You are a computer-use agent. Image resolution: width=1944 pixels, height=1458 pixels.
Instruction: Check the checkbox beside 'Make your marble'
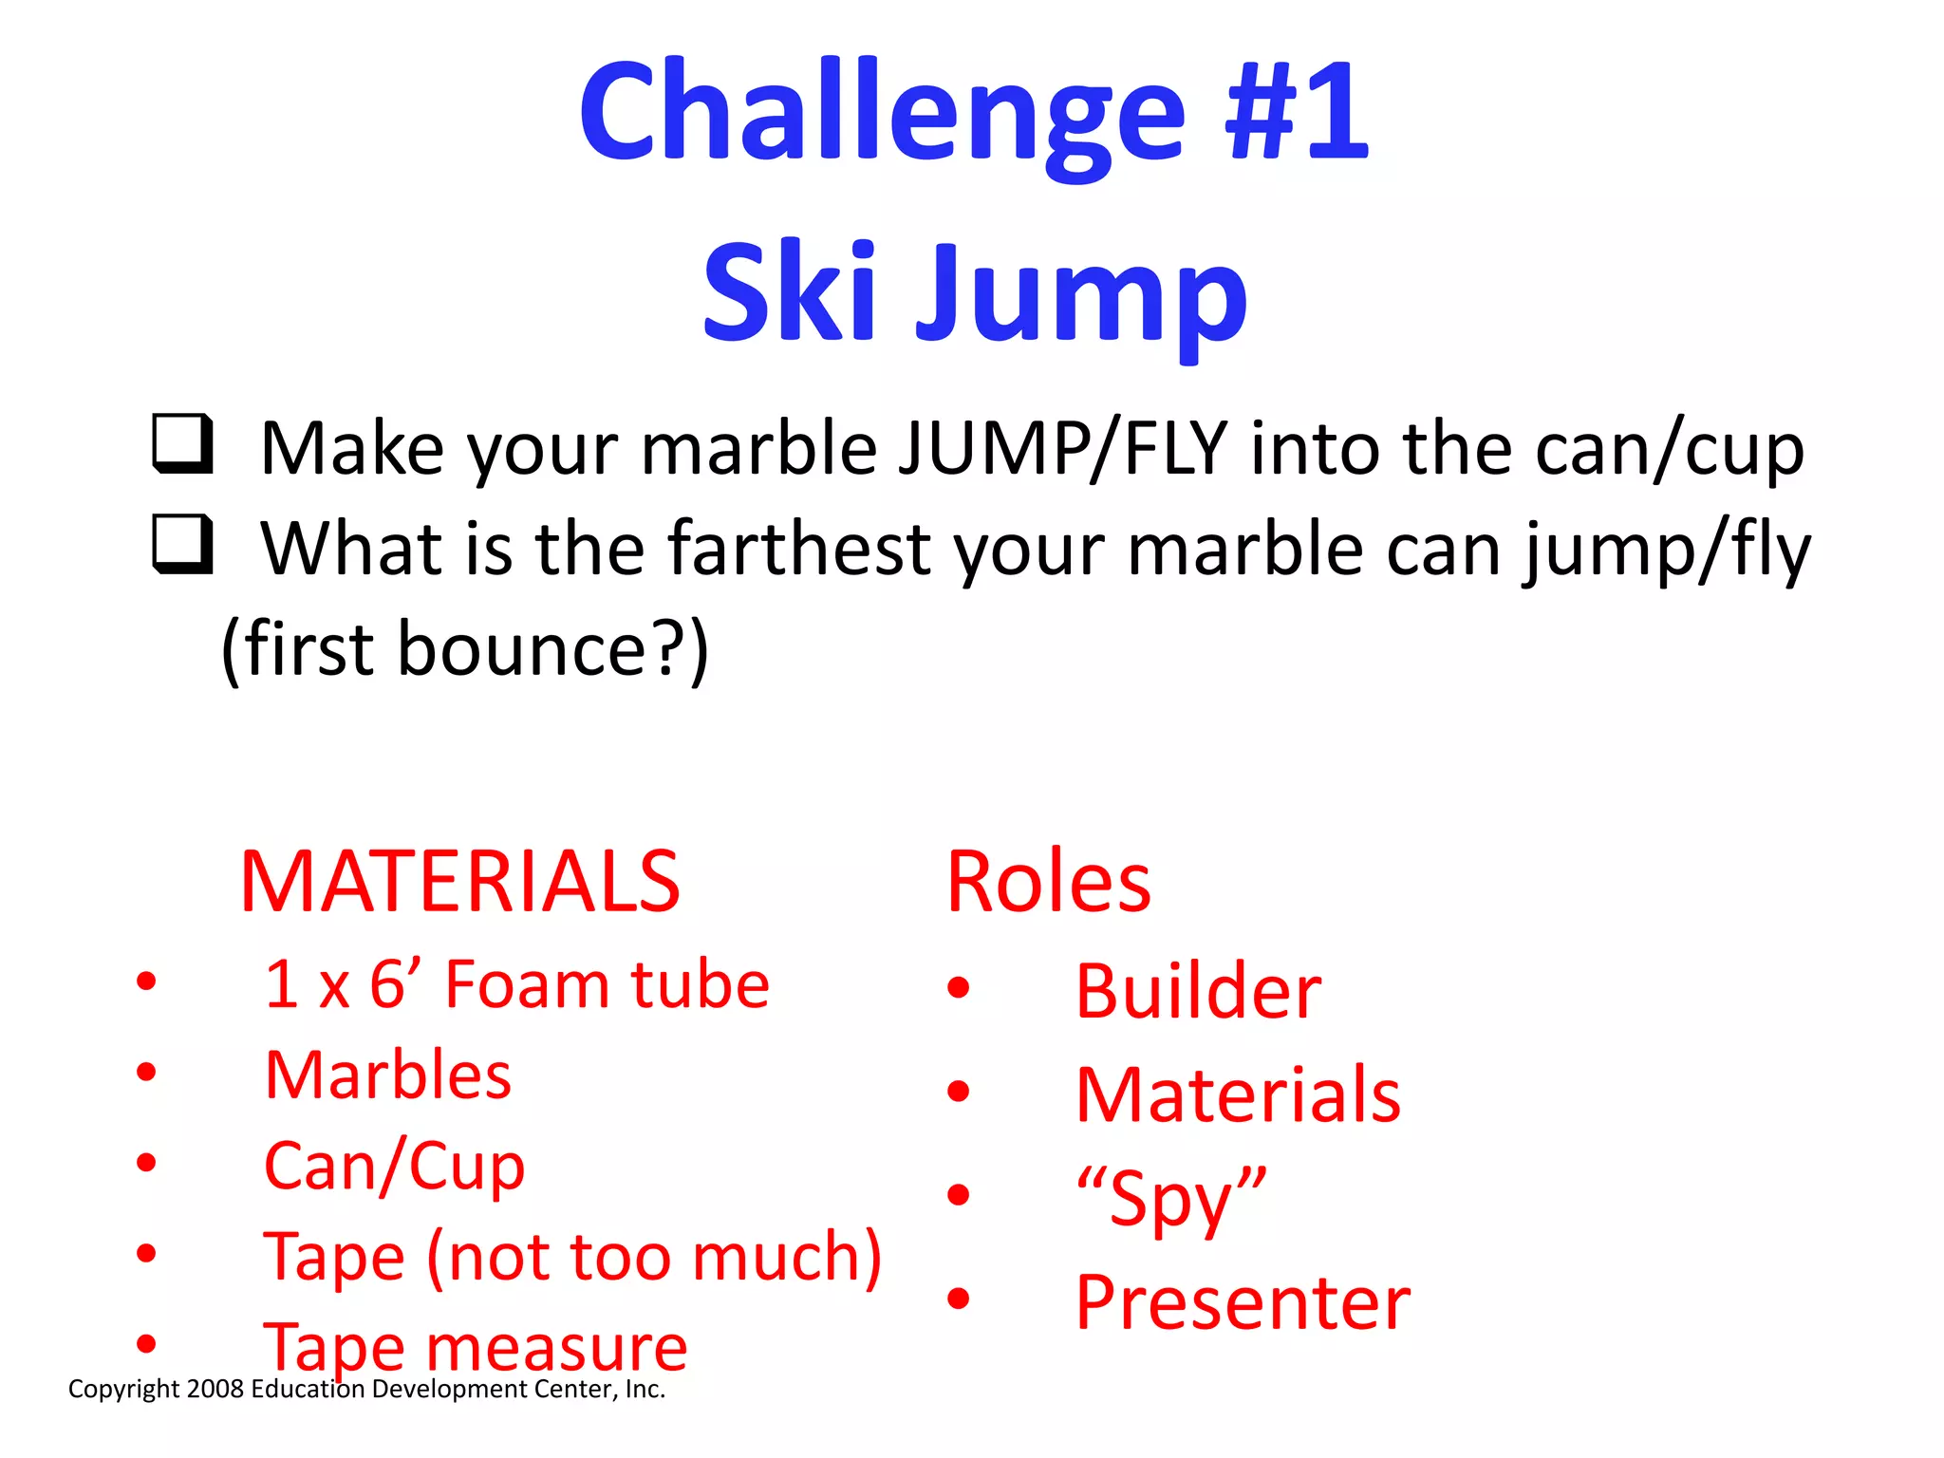pyautogui.click(x=182, y=442)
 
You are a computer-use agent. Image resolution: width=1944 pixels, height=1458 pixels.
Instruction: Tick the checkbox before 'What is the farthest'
pyautogui.click(x=182, y=543)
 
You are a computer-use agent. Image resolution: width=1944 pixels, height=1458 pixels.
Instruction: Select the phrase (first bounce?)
pyautogui.click(x=465, y=649)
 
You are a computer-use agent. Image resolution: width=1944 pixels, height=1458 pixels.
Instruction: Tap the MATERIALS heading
pyautogui.click(x=460, y=883)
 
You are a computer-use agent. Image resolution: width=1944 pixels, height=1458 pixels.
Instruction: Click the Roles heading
pyautogui.click(x=1049, y=883)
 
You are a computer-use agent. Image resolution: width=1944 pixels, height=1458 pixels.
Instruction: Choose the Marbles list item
pyautogui.click(x=388, y=1075)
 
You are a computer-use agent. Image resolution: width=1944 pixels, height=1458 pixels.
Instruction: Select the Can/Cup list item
pyautogui.click(x=394, y=1167)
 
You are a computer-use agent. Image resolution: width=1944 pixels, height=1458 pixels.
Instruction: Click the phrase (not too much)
pyautogui.click(x=655, y=1258)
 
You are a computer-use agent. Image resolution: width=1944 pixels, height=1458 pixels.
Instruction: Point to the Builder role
pyautogui.click(x=1198, y=992)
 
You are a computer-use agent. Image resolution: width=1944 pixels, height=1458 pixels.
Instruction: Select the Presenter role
pyautogui.click(x=1243, y=1302)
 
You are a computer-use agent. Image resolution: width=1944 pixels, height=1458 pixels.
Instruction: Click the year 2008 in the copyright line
pyautogui.click(x=215, y=1390)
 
